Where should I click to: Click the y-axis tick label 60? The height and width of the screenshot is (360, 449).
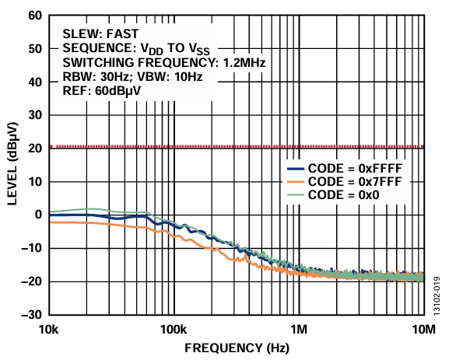tap(35, 15)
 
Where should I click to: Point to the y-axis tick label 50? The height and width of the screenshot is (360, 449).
tap(35, 48)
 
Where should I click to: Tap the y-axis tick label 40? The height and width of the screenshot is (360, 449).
tap(35, 82)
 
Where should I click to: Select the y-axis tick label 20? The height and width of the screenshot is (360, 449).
tap(35, 148)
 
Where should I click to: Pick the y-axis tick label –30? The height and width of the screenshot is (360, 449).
tap(31, 315)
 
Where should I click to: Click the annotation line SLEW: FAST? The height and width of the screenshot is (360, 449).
tap(100, 33)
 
